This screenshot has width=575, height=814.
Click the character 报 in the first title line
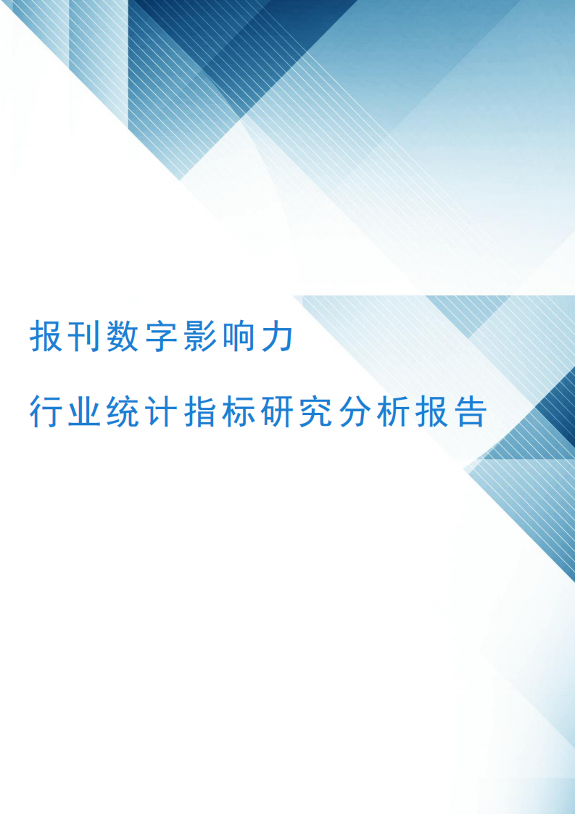coord(46,337)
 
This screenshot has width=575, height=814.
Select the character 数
coord(123,337)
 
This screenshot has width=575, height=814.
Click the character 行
coord(46,411)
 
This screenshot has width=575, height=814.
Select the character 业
coord(84,411)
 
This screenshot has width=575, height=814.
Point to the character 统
coord(123,411)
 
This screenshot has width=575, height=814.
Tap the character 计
coord(162,411)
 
